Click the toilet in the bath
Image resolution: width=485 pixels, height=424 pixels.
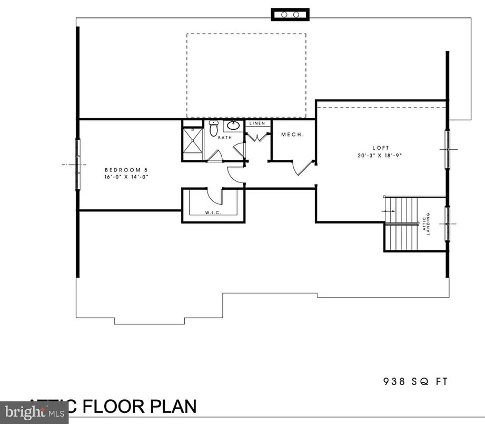213,128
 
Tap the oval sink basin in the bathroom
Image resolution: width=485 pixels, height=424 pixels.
233,126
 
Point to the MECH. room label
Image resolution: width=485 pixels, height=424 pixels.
292,134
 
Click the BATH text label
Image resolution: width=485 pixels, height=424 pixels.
225,138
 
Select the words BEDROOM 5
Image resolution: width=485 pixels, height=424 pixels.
126,170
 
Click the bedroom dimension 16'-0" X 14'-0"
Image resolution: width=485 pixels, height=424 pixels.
126,177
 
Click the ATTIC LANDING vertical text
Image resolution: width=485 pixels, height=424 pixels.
425,224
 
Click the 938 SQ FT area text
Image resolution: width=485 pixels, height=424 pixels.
415,381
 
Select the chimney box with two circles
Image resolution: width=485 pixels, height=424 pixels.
290,15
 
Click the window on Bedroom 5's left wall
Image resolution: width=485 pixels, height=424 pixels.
78,165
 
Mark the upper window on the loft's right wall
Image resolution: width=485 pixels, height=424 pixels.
448,149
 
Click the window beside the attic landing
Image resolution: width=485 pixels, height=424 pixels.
448,224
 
